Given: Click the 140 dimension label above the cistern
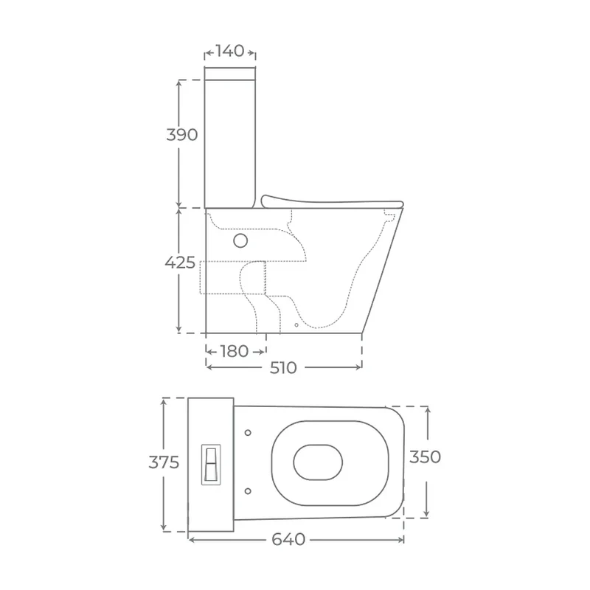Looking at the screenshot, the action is pos(229,51).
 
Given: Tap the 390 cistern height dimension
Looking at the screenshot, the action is pos(182,135).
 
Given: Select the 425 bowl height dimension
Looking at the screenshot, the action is pos(180,263).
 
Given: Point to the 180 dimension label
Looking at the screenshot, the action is pos(234,352).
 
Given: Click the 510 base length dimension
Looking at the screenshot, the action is pos(283,367).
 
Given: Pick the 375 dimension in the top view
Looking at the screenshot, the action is pos(164,462).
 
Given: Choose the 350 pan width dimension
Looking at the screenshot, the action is pos(426,457).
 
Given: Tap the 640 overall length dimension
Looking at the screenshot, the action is pos(288,540).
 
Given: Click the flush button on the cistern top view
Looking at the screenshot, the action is pos(211,465).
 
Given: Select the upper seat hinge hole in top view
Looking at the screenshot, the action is pos(248,433).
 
